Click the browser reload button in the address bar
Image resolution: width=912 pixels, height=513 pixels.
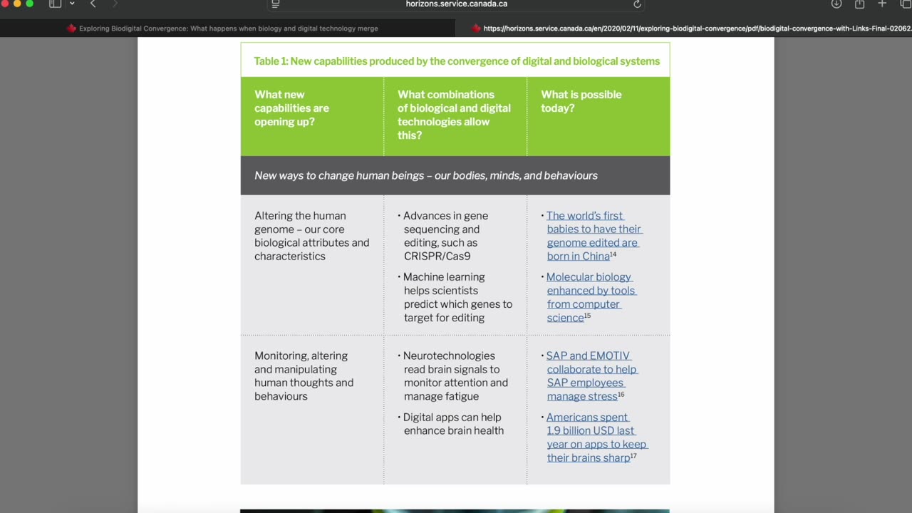pyautogui.click(x=637, y=4)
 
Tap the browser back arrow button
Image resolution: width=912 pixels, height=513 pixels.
pyautogui.click(x=93, y=4)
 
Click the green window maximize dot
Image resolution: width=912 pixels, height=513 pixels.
pyautogui.click(x=29, y=4)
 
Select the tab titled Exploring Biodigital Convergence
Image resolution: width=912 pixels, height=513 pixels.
pyautogui.click(x=228, y=28)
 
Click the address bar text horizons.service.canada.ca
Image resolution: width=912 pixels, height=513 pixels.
pyautogui.click(x=456, y=4)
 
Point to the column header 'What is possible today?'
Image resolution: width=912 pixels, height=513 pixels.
pyautogui.click(x=581, y=101)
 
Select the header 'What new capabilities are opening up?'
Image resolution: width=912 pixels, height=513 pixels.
pyautogui.click(x=291, y=108)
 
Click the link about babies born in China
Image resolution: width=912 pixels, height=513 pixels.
pyautogui.click(x=594, y=236)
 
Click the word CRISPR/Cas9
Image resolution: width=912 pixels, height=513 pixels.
pyautogui.click(x=437, y=256)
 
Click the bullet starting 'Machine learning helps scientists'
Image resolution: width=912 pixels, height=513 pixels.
pyautogui.click(x=457, y=297)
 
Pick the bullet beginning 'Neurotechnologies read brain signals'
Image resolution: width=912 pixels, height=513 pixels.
pyautogui.click(x=455, y=376)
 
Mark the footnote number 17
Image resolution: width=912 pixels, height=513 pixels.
pyautogui.click(x=633, y=456)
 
